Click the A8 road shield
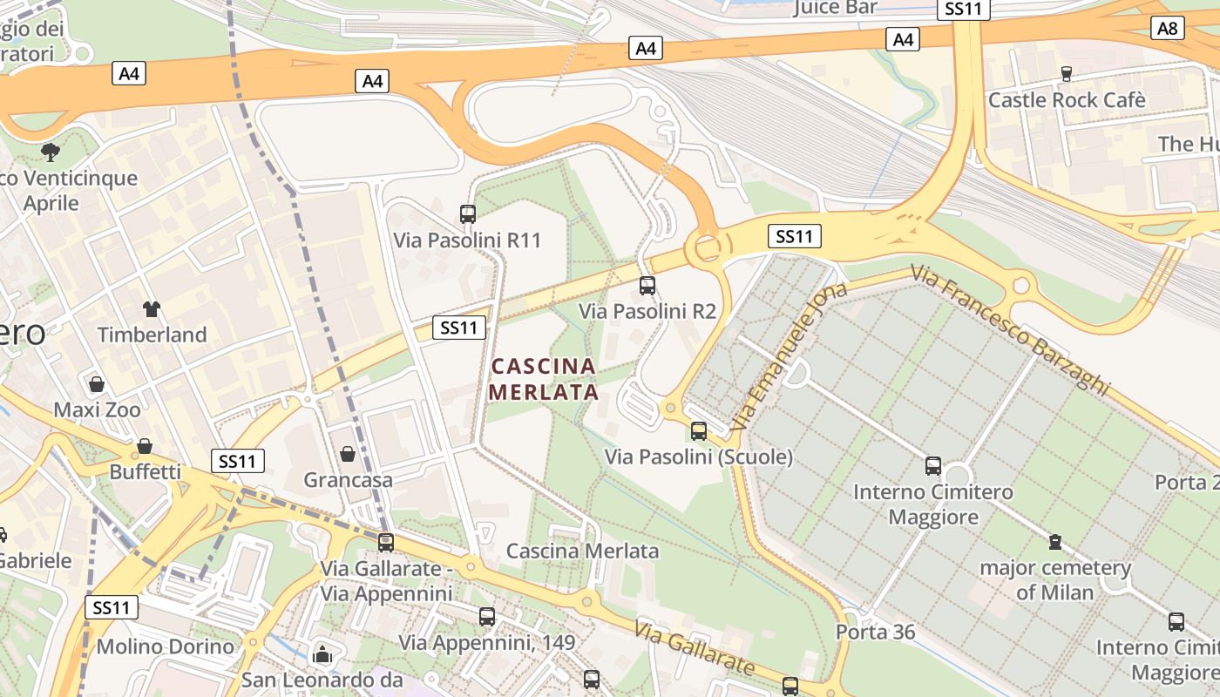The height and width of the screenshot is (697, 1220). click(x=1168, y=28)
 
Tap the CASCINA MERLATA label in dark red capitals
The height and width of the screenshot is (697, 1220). click(x=544, y=379)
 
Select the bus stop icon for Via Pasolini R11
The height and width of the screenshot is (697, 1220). click(x=468, y=213)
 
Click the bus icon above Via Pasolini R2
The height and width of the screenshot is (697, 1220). click(x=647, y=285)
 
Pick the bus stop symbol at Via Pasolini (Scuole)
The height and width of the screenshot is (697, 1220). click(x=699, y=430)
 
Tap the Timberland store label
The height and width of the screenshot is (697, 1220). click(x=152, y=335)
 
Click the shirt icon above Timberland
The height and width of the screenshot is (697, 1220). click(x=152, y=308)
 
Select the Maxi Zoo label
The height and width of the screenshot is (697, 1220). click(x=97, y=409)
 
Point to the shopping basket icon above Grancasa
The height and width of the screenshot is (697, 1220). click(x=348, y=453)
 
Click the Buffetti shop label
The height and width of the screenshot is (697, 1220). click(x=145, y=472)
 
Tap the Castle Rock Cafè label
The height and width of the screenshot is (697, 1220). click(x=1066, y=100)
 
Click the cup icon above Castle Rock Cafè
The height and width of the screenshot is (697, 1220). click(x=1066, y=73)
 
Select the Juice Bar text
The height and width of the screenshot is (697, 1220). click(x=836, y=9)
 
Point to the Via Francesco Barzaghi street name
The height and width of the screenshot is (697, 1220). click(x=1011, y=330)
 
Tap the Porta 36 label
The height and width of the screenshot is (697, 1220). click(x=875, y=632)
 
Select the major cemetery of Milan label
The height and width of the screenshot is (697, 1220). click(x=1054, y=580)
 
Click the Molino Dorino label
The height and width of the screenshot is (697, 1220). click(x=165, y=646)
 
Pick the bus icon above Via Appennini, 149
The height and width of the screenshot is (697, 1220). click(x=487, y=616)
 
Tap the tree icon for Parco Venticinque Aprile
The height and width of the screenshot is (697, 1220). click(x=51, y=152)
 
